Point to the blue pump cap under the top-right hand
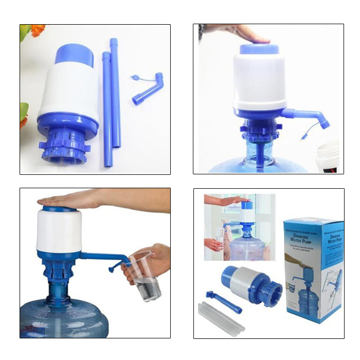pos(259,49)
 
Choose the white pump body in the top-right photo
pos(259,82)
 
